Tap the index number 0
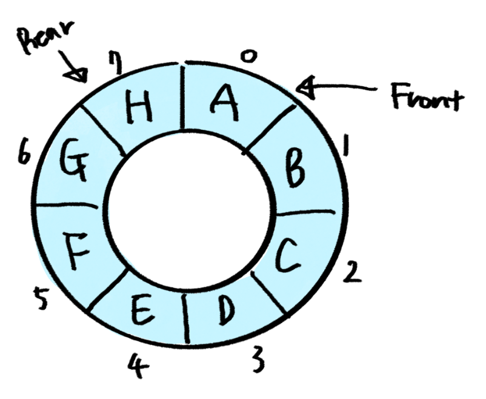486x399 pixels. click(248, 57)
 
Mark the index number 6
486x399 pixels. click(25, 155)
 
